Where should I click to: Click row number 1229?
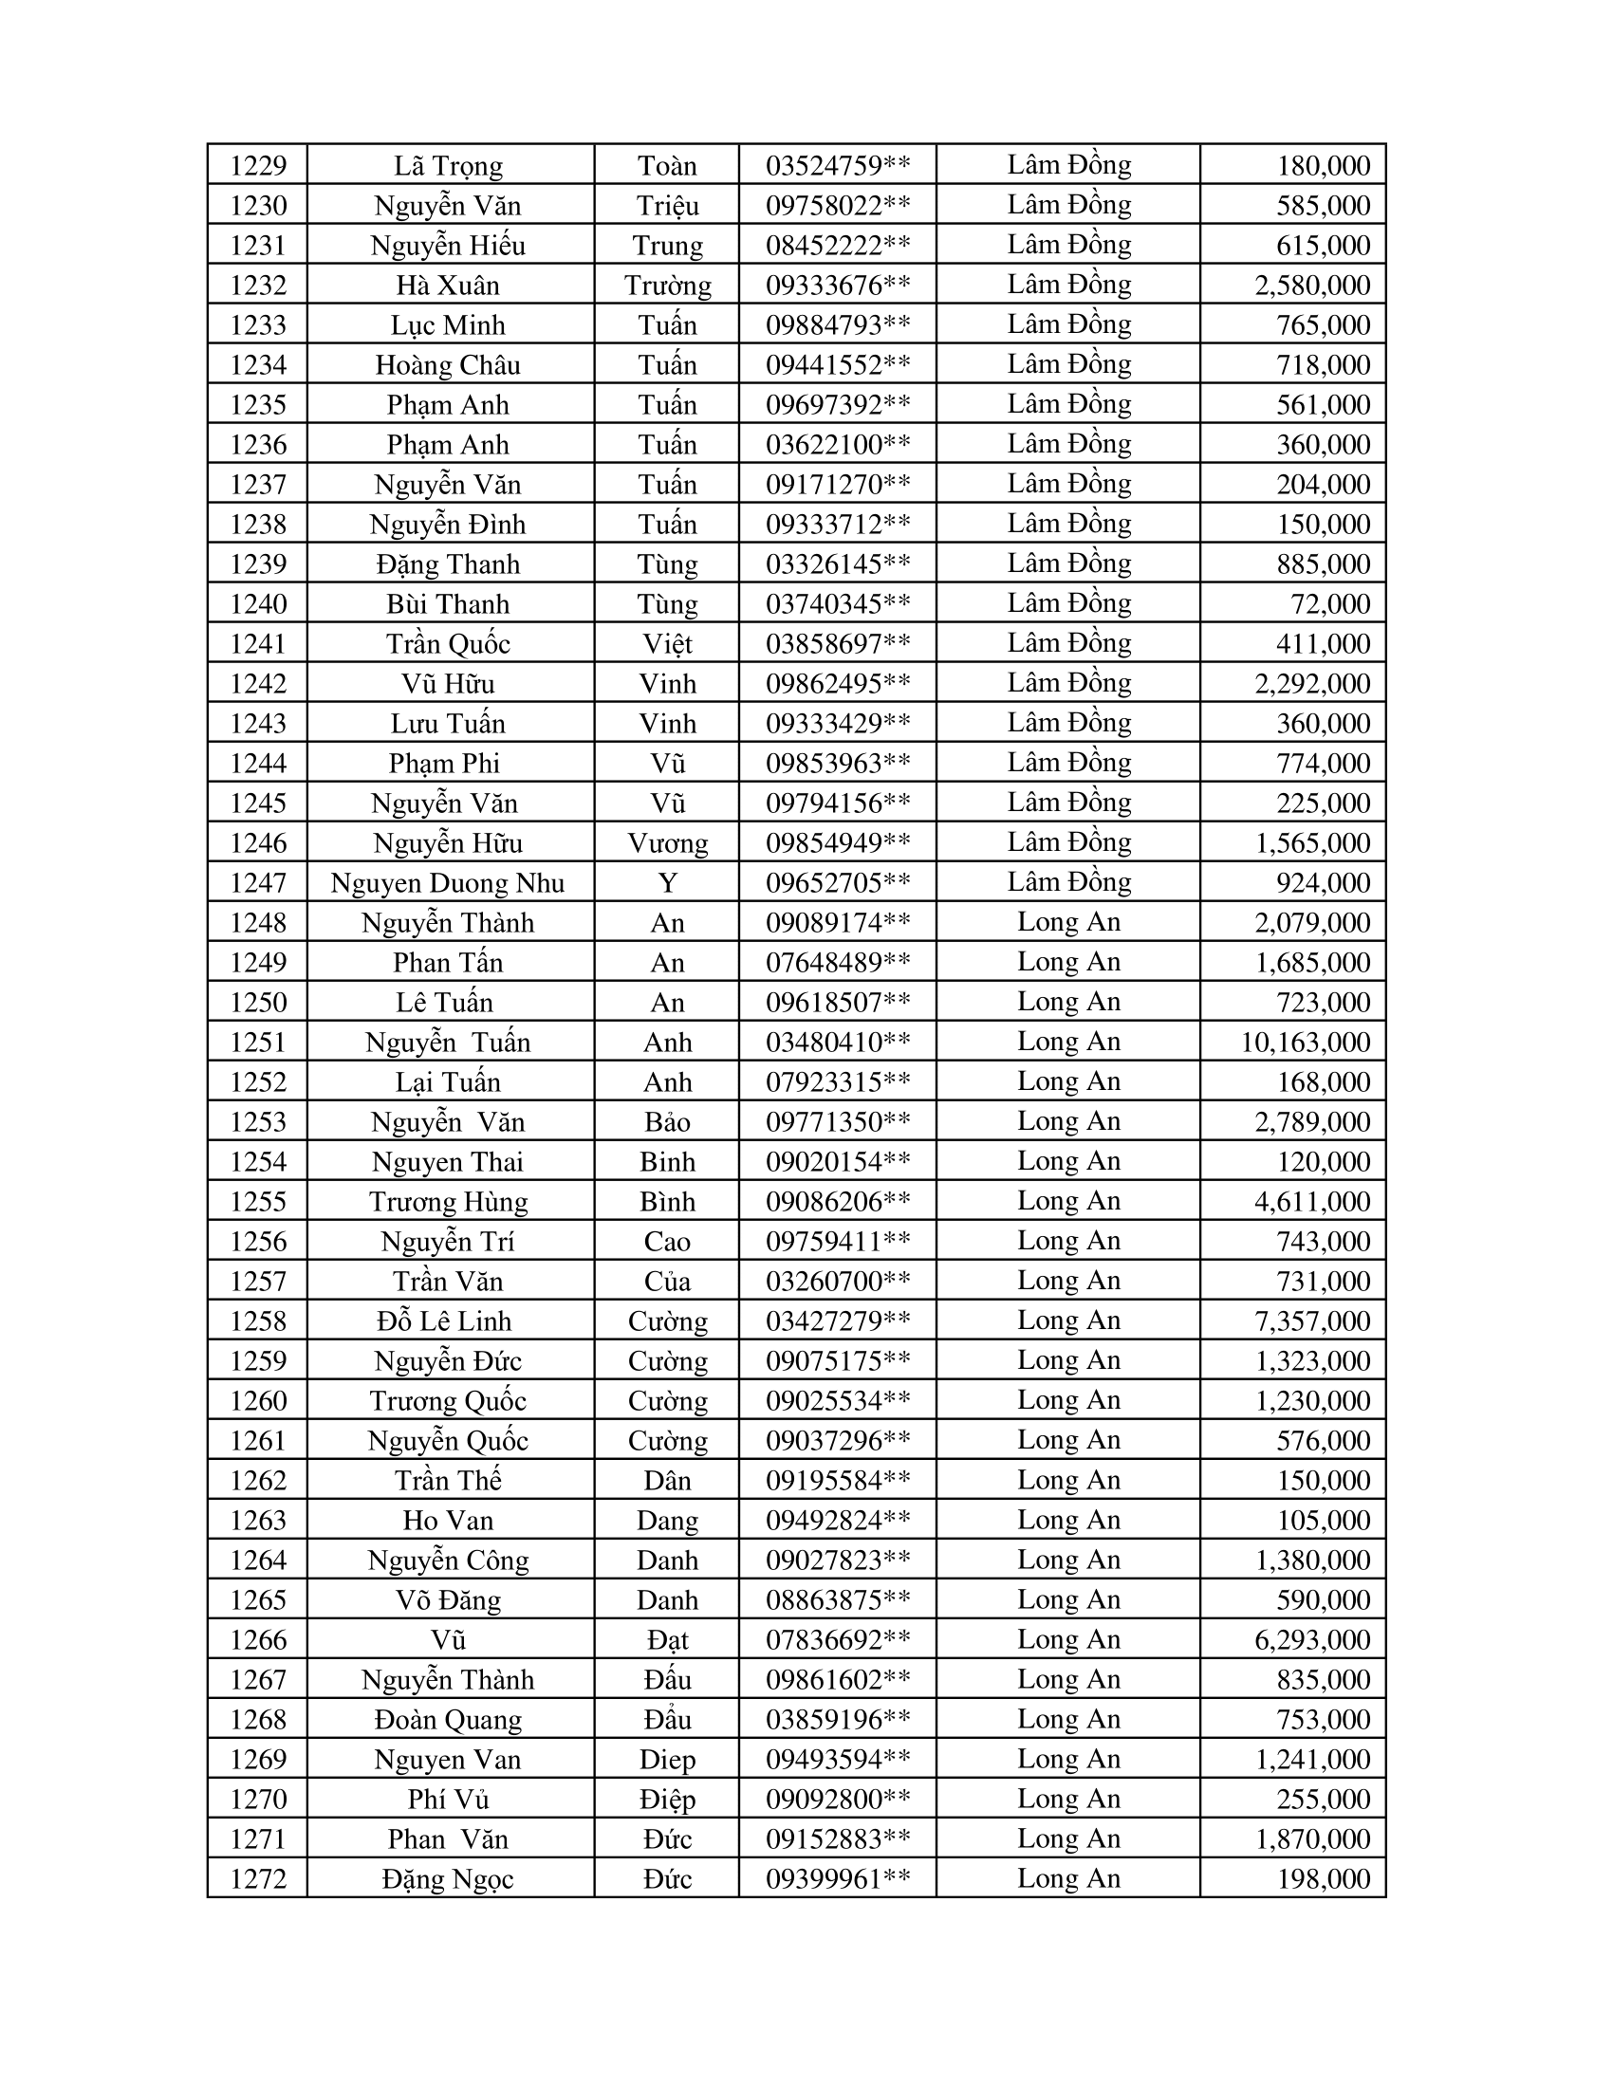[258, 165]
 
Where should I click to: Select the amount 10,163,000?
[1306, 1042]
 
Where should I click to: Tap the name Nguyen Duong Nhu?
[447, 883]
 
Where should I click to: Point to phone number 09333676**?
[838, 285]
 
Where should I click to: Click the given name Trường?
[667, 285]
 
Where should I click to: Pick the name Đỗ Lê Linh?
[444, 1321]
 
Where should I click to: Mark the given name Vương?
[667, 842]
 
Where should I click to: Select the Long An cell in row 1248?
[1068, 921]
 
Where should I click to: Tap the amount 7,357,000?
[1312, 1321]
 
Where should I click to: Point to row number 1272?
[258, 1878]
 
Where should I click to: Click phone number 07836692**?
[838, 1640]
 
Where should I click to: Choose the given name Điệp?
[667, 1800]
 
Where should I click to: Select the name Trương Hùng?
[448, 1201]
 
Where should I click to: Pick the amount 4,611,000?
[1312, 1201]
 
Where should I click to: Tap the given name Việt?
[667, 644]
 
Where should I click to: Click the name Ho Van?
[448, 1521]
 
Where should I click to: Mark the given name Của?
[667, 1281]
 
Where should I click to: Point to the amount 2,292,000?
[1312, 683]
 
